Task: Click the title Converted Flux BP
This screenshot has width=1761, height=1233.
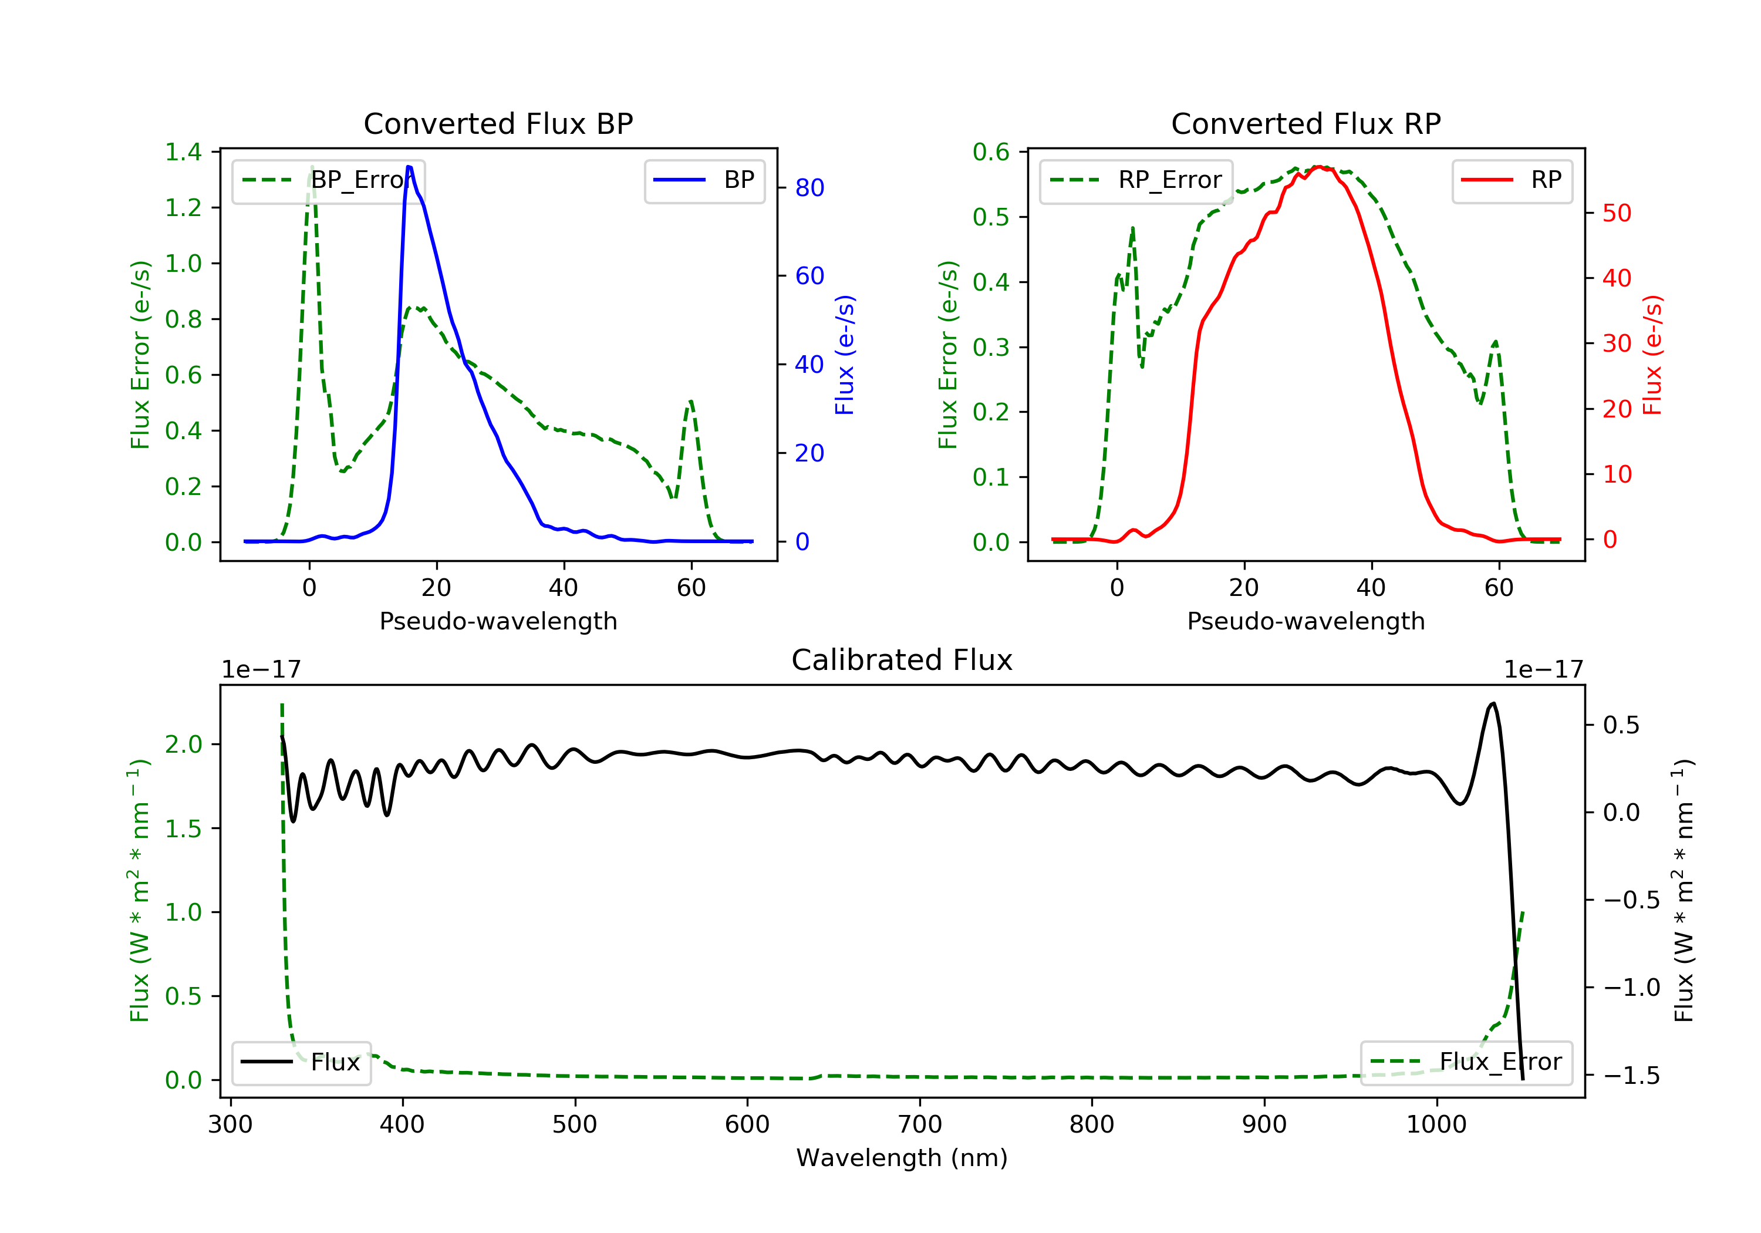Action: coord(498,123)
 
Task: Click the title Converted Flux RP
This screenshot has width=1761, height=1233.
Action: coord(1305,123)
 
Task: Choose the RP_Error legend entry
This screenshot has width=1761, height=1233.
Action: coord(1136,180)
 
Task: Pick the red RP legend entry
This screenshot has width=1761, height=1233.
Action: coord(1512,180)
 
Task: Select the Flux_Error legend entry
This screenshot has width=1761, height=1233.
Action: coord(1466,1062)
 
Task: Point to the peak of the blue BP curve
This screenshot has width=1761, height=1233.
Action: coord(409,167)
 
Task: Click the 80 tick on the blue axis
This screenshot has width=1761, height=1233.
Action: coord(809,188)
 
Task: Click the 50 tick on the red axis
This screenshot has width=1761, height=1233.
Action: coord(1616,213)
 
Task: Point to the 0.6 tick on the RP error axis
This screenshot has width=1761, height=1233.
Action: coord(991,152)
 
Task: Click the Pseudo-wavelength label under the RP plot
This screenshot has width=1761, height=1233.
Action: coord(1305,621)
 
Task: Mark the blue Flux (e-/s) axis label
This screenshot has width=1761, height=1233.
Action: coord(845,355)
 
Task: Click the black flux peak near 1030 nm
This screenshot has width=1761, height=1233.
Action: coord(1493,703)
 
